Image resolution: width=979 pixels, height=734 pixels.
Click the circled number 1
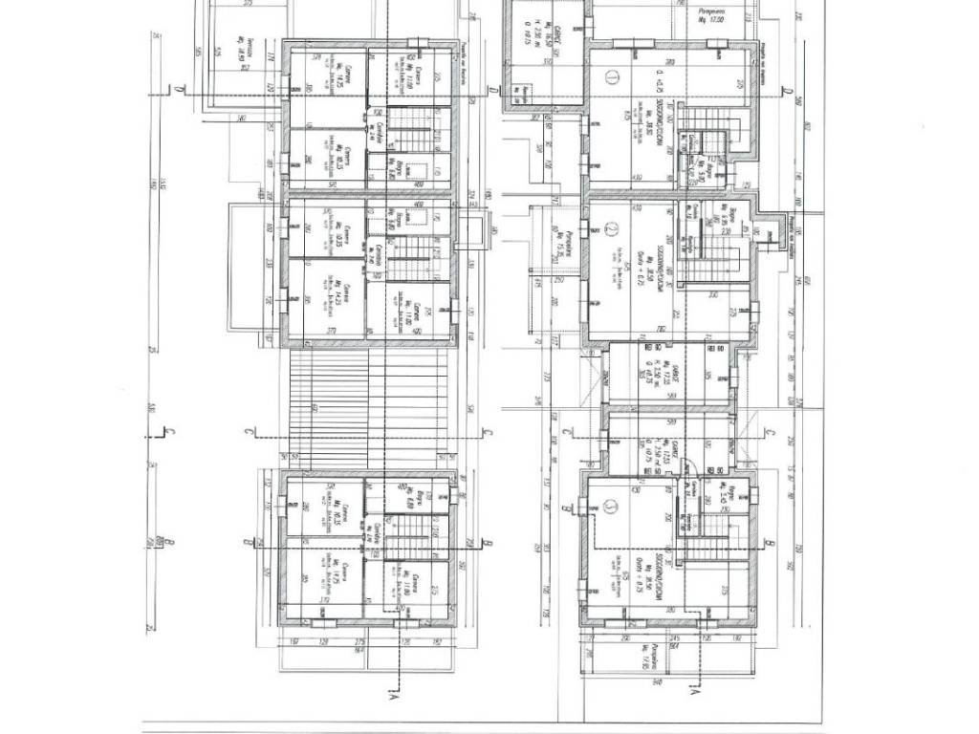(612, 78)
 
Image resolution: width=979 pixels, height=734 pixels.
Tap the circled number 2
(612, 229)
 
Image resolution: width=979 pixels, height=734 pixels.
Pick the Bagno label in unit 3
(729, 495)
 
